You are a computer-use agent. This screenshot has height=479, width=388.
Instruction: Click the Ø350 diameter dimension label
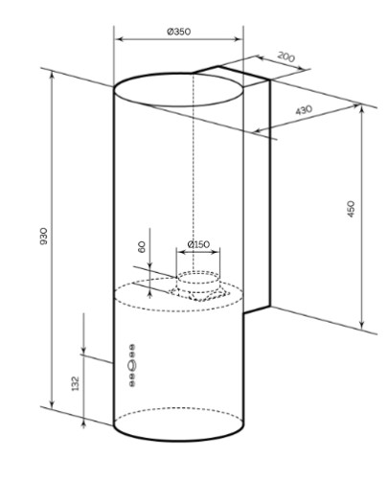[179, 32]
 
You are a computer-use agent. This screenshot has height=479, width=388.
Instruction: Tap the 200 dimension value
[285, 57]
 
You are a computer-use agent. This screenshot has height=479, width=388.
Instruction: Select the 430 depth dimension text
[304, 110]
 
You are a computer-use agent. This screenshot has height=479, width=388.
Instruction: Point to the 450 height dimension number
[351, 209]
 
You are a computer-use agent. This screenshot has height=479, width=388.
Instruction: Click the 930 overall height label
[43, 237]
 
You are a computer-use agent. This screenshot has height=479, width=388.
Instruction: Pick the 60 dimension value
[142, 247]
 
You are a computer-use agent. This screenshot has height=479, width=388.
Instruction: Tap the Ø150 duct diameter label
[198, 244]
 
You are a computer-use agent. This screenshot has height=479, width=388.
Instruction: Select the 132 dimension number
[75, 383]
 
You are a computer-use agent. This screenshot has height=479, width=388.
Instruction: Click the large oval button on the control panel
[132, 365]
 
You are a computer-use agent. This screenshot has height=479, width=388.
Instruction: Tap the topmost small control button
[132, 347]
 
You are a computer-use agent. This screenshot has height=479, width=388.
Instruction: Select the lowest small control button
[132, 383]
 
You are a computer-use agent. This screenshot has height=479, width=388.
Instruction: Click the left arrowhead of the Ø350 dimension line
[118, 39]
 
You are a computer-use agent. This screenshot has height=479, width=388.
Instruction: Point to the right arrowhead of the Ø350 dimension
[239, 39]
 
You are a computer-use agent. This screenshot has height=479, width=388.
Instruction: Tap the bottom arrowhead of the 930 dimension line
[53, 404]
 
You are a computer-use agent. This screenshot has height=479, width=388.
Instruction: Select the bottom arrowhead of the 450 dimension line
[361, 325]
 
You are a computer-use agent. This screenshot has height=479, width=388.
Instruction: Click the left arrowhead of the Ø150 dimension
[181, 252]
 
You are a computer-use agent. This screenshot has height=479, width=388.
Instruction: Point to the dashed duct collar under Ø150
[198, 281]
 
